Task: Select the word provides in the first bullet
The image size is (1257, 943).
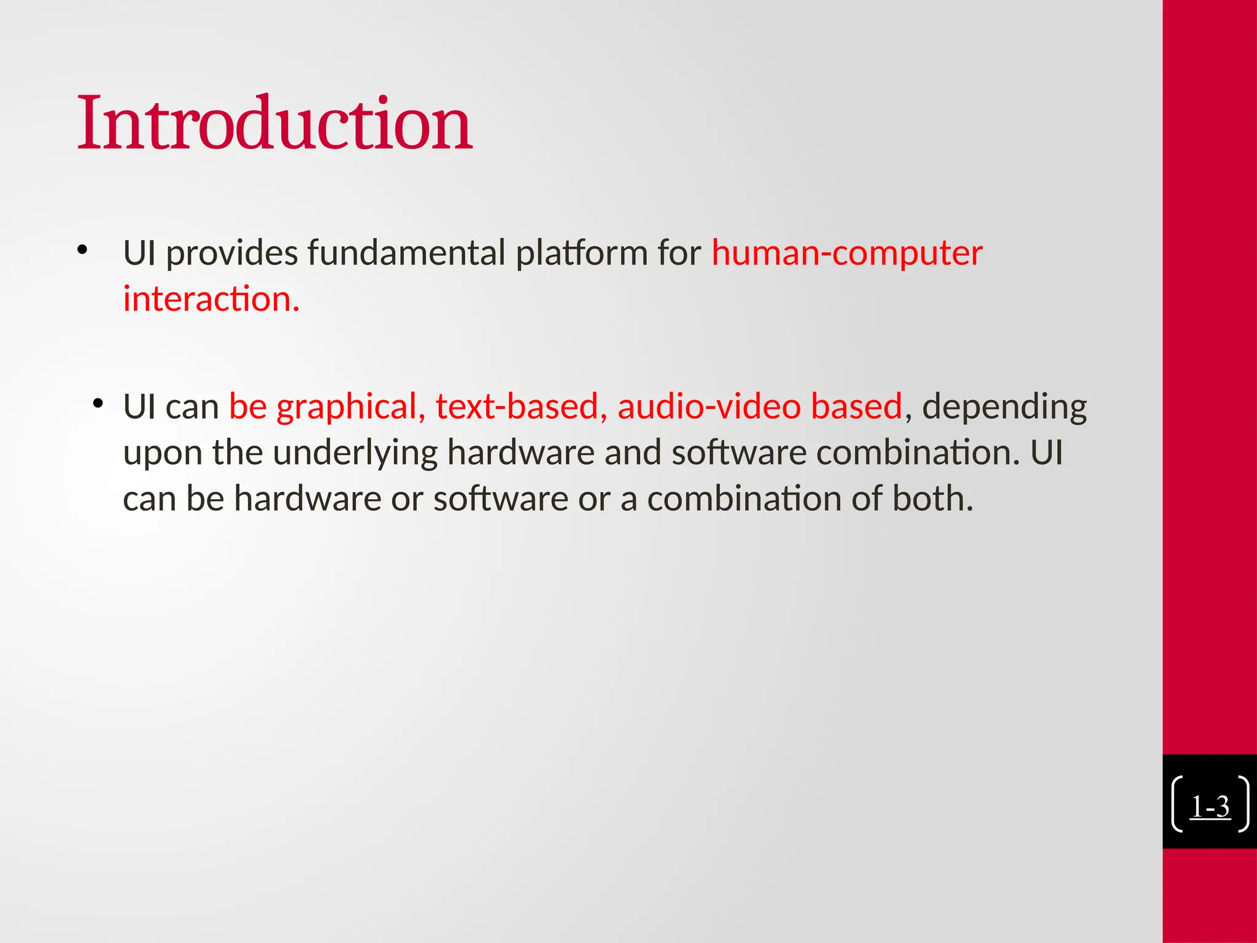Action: coord(232,254)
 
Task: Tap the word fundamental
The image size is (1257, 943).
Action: coord(406,254)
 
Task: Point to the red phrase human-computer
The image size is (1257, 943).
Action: coord(847,254)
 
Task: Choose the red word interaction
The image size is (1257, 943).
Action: coord(211,299)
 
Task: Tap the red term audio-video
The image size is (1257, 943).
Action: coord(709,406)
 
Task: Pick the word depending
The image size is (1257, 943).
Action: coord(1004,408)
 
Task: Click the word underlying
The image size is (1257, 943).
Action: coord(355,454)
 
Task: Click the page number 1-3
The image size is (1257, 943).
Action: coord(1210,806)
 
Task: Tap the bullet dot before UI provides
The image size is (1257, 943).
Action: coord(83,250)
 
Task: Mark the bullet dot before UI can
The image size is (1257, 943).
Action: coord(98,403)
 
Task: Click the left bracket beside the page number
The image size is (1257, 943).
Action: coord(1177,804)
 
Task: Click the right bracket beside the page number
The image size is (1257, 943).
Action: coord(1243,804)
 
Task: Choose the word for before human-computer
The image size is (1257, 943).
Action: coord(679,254)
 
